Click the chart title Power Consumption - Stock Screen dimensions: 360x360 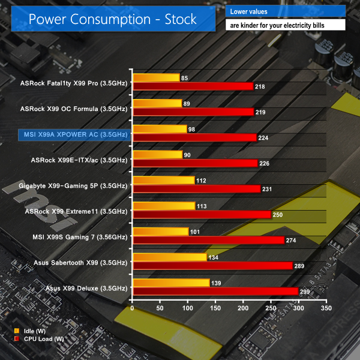113,19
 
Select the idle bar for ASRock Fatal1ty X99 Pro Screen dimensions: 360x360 156,77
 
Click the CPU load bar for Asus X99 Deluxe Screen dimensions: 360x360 215,291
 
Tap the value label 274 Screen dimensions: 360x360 292,240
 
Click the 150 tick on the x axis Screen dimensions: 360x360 215,308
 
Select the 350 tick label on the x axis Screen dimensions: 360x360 326,308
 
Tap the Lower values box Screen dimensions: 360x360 286,11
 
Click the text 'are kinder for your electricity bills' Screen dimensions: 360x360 286,26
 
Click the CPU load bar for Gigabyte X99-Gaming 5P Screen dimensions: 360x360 197,188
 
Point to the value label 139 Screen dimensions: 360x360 217,283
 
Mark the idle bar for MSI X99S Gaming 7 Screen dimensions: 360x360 161,231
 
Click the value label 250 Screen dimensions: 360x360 279,214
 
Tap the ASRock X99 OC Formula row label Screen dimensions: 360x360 73,109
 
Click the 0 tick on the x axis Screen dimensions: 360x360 133,308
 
